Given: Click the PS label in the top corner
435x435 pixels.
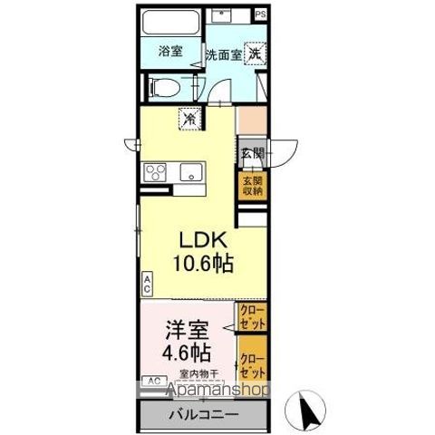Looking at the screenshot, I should pyautogui.click(x=260, y=14).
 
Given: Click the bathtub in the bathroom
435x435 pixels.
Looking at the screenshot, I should pyautogui.click(x=171, y=22).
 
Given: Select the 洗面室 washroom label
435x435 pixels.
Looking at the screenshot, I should pyautogui.click(x=223, y=53).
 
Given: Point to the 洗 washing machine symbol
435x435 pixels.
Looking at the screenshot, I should pyautogui.click(x=256, y=53).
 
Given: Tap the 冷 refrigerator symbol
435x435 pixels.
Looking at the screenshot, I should pyautogui.click(x=191, y=117).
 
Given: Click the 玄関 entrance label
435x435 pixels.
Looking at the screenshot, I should pyautogui.click(x=252, y=152).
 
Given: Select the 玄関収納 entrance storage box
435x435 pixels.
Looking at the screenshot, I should pyautogui.click(x=252, y=186).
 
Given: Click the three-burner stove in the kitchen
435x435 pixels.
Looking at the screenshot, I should pyautogui.click(x=153, y=172).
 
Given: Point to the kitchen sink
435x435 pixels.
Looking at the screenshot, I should pyautogui.click(x=192, y=172).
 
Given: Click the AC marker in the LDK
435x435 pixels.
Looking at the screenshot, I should pyautogui.click(x=147, y=282).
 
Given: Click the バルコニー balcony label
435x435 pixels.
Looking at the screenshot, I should pyautogui.click(x=201, y=415).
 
